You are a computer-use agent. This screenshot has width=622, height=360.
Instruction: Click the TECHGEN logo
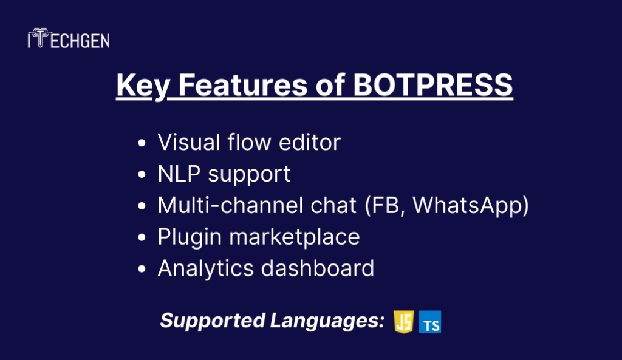click(x=69, y=38)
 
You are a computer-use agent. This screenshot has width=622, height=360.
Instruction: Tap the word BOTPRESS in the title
click(x=432, y=85)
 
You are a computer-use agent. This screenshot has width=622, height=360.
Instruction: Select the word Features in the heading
click(x=243, y=85)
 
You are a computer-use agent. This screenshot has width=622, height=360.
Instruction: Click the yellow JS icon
click(x=404, y=322)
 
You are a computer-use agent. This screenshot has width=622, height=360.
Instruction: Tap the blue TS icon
click(x=430, y=322)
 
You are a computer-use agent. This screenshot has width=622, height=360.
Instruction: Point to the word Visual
click(x=189, y=142)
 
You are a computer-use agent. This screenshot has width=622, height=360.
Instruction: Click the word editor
click(x=310, y=142)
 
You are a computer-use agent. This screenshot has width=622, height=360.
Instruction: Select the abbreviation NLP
click(x=179, y=174)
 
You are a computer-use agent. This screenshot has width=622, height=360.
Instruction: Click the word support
click(x=249, y=175)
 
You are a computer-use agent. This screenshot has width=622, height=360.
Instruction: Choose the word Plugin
click(x=190, y=237)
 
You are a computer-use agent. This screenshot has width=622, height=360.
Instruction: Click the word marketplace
click(x=295, y=237)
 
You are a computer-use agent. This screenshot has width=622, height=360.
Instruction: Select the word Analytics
click(x=205, y=269)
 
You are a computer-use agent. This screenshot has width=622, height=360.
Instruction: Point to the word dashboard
click(x=318, y=268)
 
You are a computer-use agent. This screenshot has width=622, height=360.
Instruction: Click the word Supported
click(x=213, y=321)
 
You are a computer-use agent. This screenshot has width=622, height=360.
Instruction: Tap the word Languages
click(x=327, y=321)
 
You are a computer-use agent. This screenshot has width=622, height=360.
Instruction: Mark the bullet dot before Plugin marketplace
click(x=142, y=237)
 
